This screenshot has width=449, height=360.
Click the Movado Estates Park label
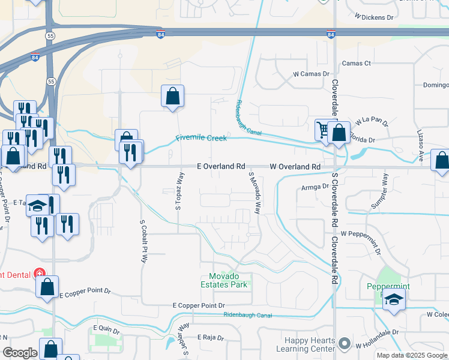(223, 280)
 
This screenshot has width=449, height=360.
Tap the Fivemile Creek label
(201, 138)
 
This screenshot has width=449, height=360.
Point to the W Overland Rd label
(294, 166)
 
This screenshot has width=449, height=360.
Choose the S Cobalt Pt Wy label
(143, 242)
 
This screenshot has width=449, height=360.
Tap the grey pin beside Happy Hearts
(344, 344)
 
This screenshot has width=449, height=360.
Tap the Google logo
(20, 353)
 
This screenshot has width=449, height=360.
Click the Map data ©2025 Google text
(411, 355)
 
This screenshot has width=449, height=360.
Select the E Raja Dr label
(209, 338)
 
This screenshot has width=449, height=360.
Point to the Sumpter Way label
(379, 191)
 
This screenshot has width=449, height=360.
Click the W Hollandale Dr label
(378, 346)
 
